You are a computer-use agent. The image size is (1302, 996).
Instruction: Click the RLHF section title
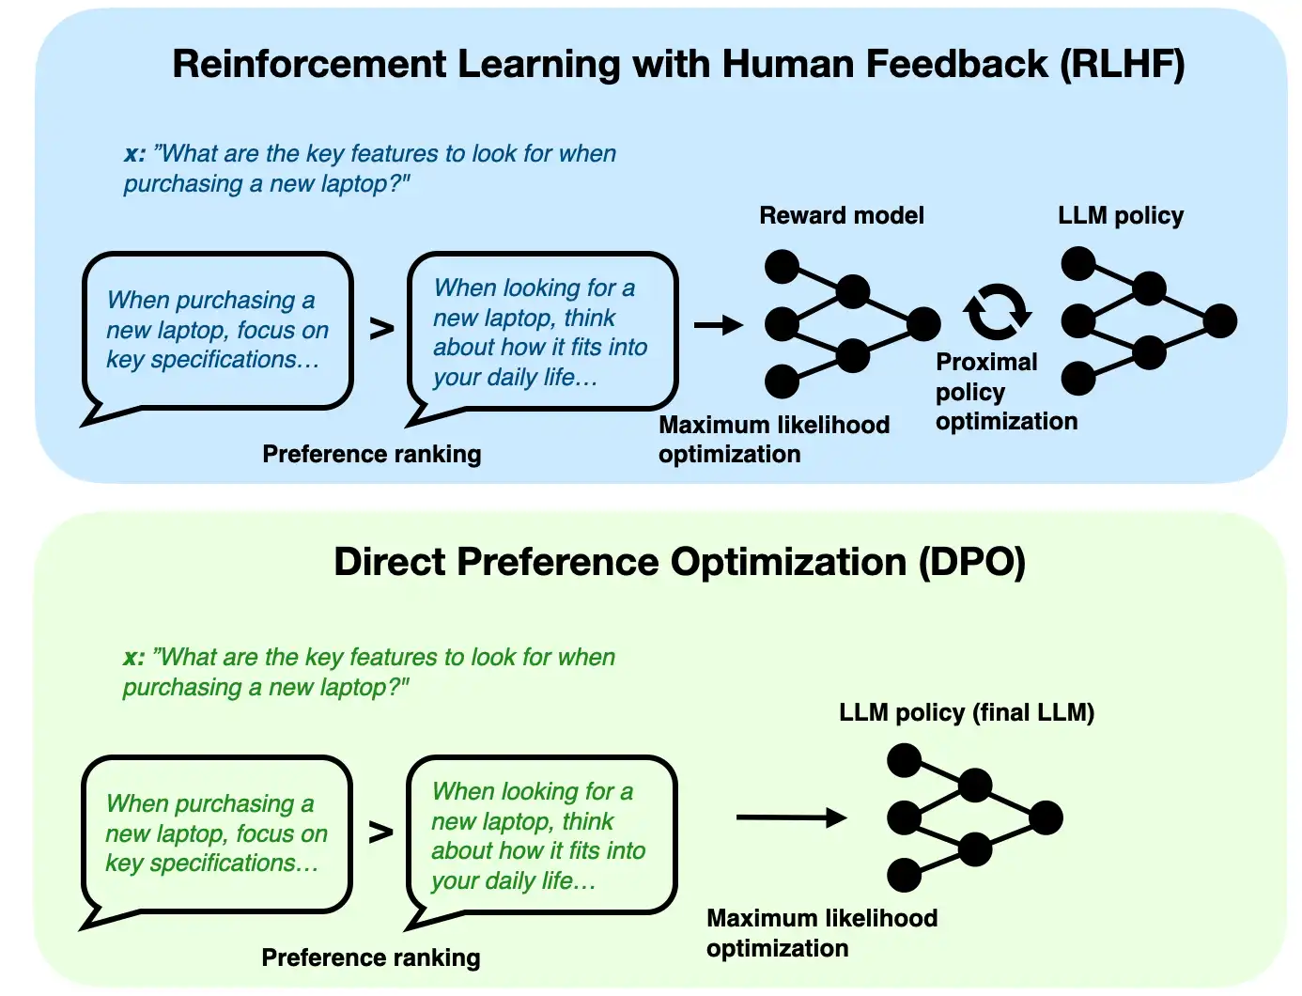(x=677, y=64)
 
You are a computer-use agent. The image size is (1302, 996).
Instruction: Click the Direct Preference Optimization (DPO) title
(x=679, y=562)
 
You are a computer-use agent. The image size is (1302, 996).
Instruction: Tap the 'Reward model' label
(x=841, y=215)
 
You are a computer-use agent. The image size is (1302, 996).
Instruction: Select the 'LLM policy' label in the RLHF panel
(x=1120, y=215)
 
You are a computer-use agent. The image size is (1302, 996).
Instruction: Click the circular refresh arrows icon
(x=997, y=312)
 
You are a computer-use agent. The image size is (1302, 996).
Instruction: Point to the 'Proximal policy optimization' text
(x=1005, y=392)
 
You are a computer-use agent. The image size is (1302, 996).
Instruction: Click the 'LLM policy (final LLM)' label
(x=966, y=712)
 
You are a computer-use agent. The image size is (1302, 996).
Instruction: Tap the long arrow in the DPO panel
(x=791, y=817)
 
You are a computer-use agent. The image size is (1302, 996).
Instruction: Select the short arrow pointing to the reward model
(x=718, y=325)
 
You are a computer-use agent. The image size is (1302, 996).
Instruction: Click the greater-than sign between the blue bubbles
(x=381, y=329)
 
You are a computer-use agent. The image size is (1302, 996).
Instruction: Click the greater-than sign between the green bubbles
(x=380, y=833)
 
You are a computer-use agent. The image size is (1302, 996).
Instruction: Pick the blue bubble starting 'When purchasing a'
(x=217, y=331)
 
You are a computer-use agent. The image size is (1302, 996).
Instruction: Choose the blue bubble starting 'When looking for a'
(x=541, y=332)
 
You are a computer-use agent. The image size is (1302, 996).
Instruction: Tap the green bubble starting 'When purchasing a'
(x=216, y=834)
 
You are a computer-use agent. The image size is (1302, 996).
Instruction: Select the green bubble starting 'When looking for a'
(x=540, y=835)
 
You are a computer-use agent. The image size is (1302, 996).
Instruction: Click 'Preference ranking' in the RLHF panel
(x=371, y=454)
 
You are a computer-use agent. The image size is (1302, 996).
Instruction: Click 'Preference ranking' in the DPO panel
(x=370, y=957)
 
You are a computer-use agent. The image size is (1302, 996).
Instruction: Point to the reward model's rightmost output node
(x=923, y=323)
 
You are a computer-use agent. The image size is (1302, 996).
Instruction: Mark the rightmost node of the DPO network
(x=1046, y=817)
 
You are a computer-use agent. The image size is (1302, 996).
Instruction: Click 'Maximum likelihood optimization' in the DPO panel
(x=821, y=933)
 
